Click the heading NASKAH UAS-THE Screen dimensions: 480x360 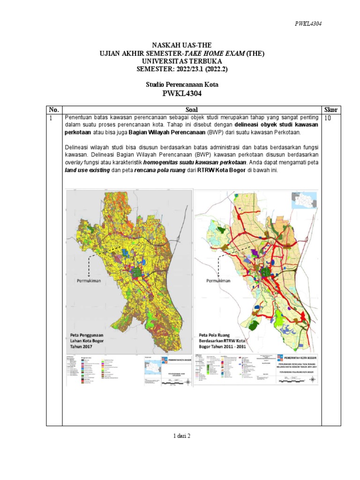[x=180, y=45]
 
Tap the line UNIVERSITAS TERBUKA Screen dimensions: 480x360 [x=180, y=61]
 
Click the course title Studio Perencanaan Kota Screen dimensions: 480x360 [x=180, y=85]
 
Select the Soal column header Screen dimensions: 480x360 [x=192, y=109]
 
